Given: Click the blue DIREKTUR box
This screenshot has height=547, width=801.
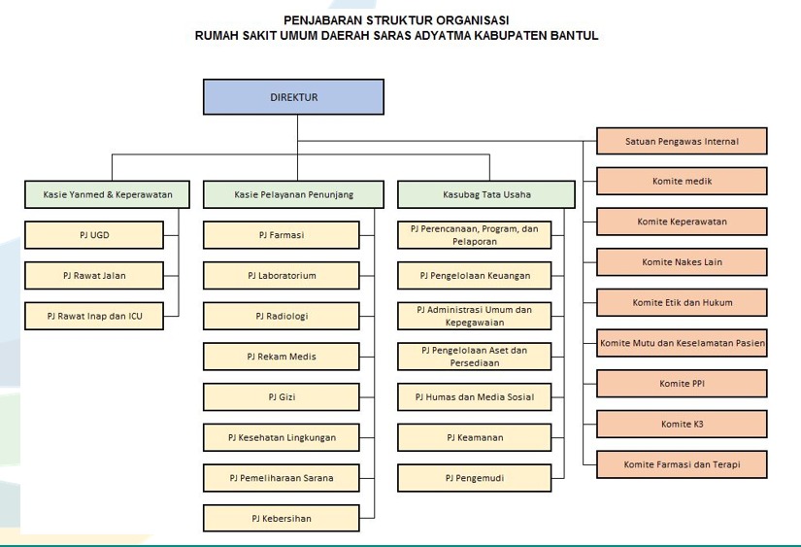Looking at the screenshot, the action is (x=294, y=96).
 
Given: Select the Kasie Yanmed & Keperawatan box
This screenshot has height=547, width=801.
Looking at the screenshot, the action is (x=107, y=194).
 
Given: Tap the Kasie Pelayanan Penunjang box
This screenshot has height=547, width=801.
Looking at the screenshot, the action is (x=294, y=194).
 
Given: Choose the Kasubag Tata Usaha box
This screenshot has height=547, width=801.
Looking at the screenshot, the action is (x=486, y=194).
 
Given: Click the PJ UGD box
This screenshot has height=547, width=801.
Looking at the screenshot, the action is (x=94, y=235).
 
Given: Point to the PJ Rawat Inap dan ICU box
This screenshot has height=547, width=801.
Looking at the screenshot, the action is (x=94, y=316).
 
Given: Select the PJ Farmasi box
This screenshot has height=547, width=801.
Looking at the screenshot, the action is (x=282, y=235).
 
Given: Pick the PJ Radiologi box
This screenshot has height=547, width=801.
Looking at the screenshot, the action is (x=282, y=316).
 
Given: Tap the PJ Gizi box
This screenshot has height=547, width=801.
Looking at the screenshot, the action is (x=282, y=396).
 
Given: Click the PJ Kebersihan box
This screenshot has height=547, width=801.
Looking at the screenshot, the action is (x=282, y=519).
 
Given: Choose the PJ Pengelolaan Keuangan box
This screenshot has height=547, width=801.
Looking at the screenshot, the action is (x=475, y=276).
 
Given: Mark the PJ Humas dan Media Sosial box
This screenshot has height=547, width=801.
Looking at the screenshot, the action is (x=475, y=396).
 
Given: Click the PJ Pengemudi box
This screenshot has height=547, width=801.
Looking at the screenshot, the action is (x=475, y=478).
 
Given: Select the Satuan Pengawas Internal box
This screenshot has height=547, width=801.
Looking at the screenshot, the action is (x=682, y=141).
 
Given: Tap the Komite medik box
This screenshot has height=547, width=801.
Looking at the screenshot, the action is (x=682, y=181).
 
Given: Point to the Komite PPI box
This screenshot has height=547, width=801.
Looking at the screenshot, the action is (x=682, y=384).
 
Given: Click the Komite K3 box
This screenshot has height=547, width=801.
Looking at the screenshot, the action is (x=682, y=424).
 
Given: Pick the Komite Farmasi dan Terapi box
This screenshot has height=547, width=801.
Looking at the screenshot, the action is (x=682, y=464).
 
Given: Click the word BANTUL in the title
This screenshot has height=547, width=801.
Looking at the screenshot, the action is (x=575, y=36).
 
